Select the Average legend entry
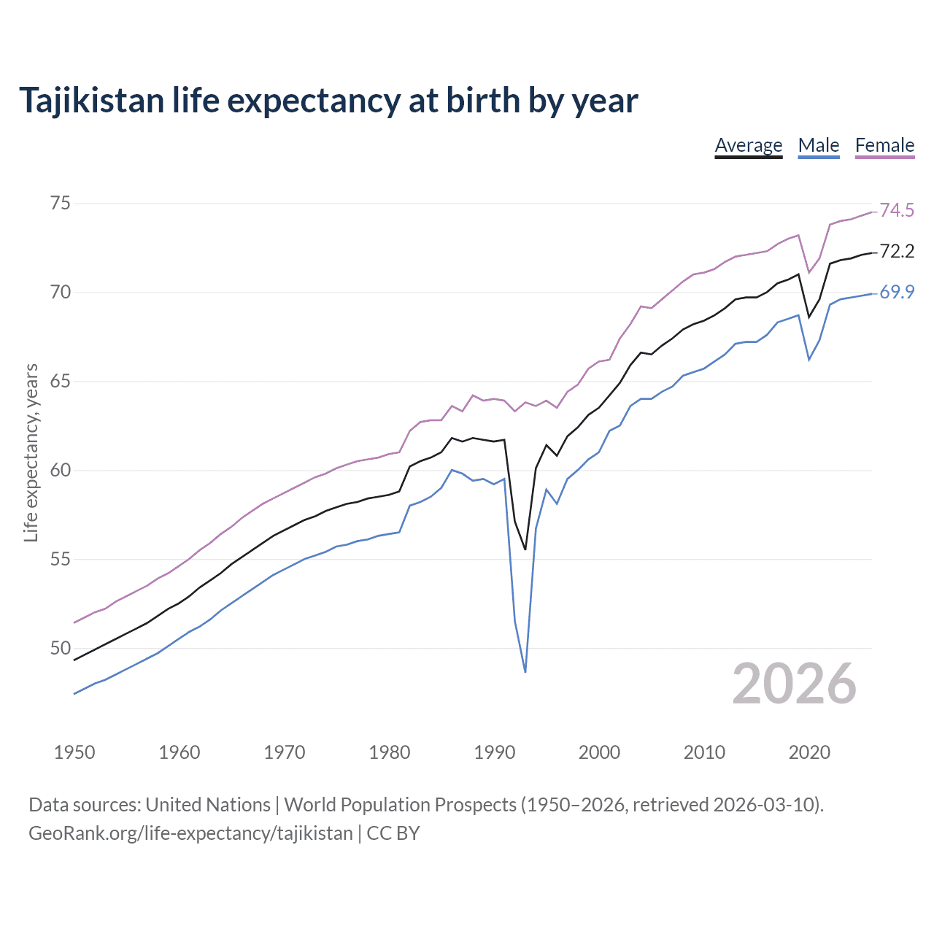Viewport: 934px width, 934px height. coord(748,145)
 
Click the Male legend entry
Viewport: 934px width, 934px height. coord(818,145)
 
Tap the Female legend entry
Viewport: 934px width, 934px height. coord(884,145)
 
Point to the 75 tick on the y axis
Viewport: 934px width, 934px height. coord(61,203)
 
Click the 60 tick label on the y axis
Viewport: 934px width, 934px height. coord(61,470)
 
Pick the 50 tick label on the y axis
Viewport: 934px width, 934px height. coord(61,648)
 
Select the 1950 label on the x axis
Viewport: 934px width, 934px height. coord(74,752)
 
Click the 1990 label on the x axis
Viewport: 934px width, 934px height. coord(494,752)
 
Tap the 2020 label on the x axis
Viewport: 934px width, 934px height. coord(808,752)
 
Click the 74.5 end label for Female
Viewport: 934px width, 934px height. coord(897,211)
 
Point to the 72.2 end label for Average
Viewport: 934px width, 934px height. coord(897,252)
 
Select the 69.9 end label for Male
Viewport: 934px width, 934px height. coord(897,293)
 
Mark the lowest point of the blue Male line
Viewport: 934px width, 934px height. coord(525,671)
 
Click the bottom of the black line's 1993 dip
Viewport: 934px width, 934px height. coord(525,549)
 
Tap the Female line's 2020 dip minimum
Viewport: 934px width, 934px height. coord(808,273)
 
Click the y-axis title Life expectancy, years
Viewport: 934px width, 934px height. coord(31,453)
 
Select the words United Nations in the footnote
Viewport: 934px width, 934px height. coord(208,805)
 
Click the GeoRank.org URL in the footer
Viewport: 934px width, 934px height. coord(190,833)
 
